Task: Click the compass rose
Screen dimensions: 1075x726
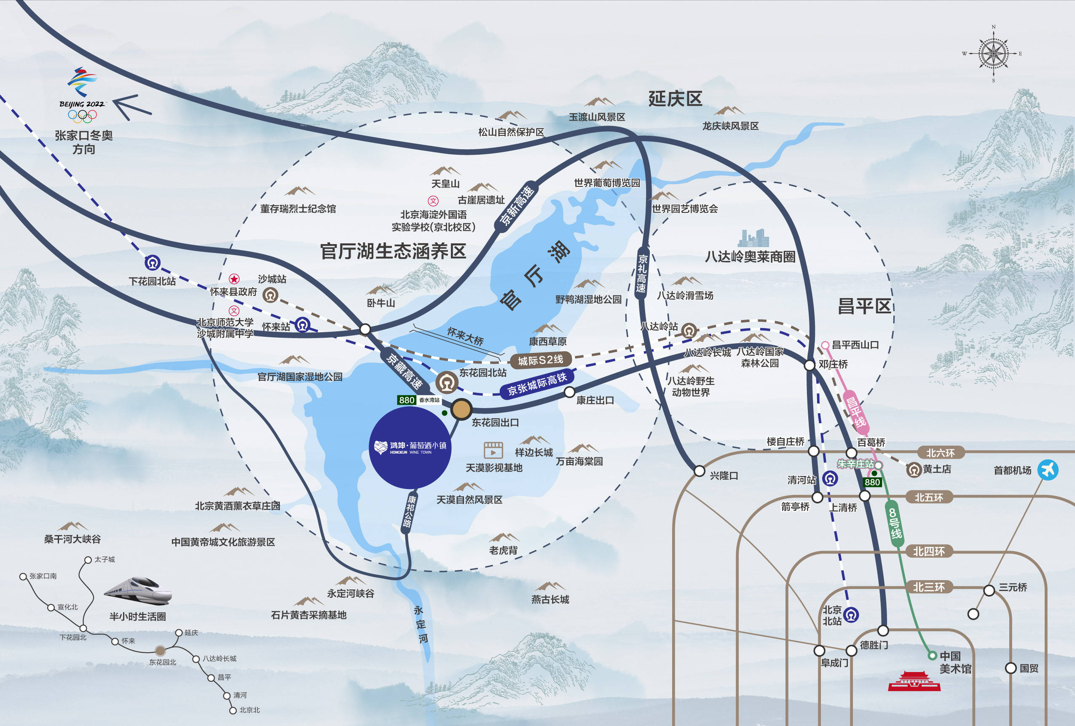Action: (x=993, y=54)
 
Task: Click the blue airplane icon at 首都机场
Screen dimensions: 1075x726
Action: (x=1048, y=470)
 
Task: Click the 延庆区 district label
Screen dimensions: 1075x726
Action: (x=675, y=99)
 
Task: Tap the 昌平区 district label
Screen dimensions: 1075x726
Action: (x=864, y=306)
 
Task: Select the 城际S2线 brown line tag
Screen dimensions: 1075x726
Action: (x=540, y=360)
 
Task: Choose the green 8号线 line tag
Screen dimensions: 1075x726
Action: (x=895, y=523)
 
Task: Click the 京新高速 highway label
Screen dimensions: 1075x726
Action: (x=517, y=205)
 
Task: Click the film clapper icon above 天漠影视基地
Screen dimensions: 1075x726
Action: (x=493, y=450)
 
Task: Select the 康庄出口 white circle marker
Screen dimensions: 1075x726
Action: (x=569, y=393)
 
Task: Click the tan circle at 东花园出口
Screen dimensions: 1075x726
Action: (x=461, y=409)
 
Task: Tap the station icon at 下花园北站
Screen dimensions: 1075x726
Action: (x=153, y=263)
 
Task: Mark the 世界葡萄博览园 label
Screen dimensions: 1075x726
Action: (x=606, y=183)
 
